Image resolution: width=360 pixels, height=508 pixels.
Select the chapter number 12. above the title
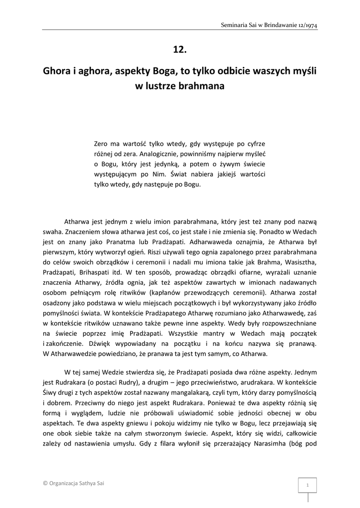(180, 49)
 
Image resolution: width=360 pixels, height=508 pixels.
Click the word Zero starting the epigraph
(102, 144)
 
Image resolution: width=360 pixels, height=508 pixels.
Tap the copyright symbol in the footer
(45, 483)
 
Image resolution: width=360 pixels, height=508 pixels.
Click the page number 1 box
(307, 485)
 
